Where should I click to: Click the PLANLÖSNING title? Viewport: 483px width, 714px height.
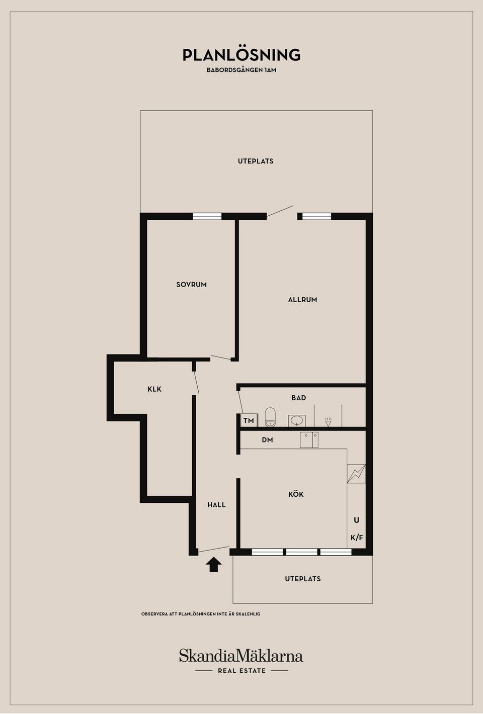point(242,55)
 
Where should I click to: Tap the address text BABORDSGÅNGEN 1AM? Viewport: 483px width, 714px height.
point(242,70)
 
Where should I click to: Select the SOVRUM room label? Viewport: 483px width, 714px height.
point(191,284)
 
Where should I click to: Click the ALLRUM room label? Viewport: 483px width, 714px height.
point(302,300)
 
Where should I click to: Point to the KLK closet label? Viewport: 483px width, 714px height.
point(154,389)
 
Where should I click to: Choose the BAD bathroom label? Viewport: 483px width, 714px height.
point(299,398)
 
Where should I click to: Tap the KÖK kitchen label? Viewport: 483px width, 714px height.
point(296,494)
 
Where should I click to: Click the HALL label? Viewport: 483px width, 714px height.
point(216,505)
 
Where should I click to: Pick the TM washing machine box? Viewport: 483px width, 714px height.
point(249,420)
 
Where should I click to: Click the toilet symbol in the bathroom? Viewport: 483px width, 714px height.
point(270,417)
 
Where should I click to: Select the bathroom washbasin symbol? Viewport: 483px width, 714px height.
point(297,421)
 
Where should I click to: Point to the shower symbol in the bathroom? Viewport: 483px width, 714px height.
point(328,421)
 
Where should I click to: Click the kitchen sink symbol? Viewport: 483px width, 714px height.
point(309,440)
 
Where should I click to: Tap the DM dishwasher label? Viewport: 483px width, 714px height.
point(267,440)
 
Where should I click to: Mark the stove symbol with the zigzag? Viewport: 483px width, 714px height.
point(356,474)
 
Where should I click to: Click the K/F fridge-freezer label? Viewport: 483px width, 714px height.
point(357,538)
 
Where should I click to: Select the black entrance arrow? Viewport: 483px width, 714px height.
point(213,565)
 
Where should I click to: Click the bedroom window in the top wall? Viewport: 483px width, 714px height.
point(207,216)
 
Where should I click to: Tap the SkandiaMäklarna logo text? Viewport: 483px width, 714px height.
point(241,655)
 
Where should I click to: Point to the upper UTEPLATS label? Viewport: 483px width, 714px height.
point(256,161)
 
